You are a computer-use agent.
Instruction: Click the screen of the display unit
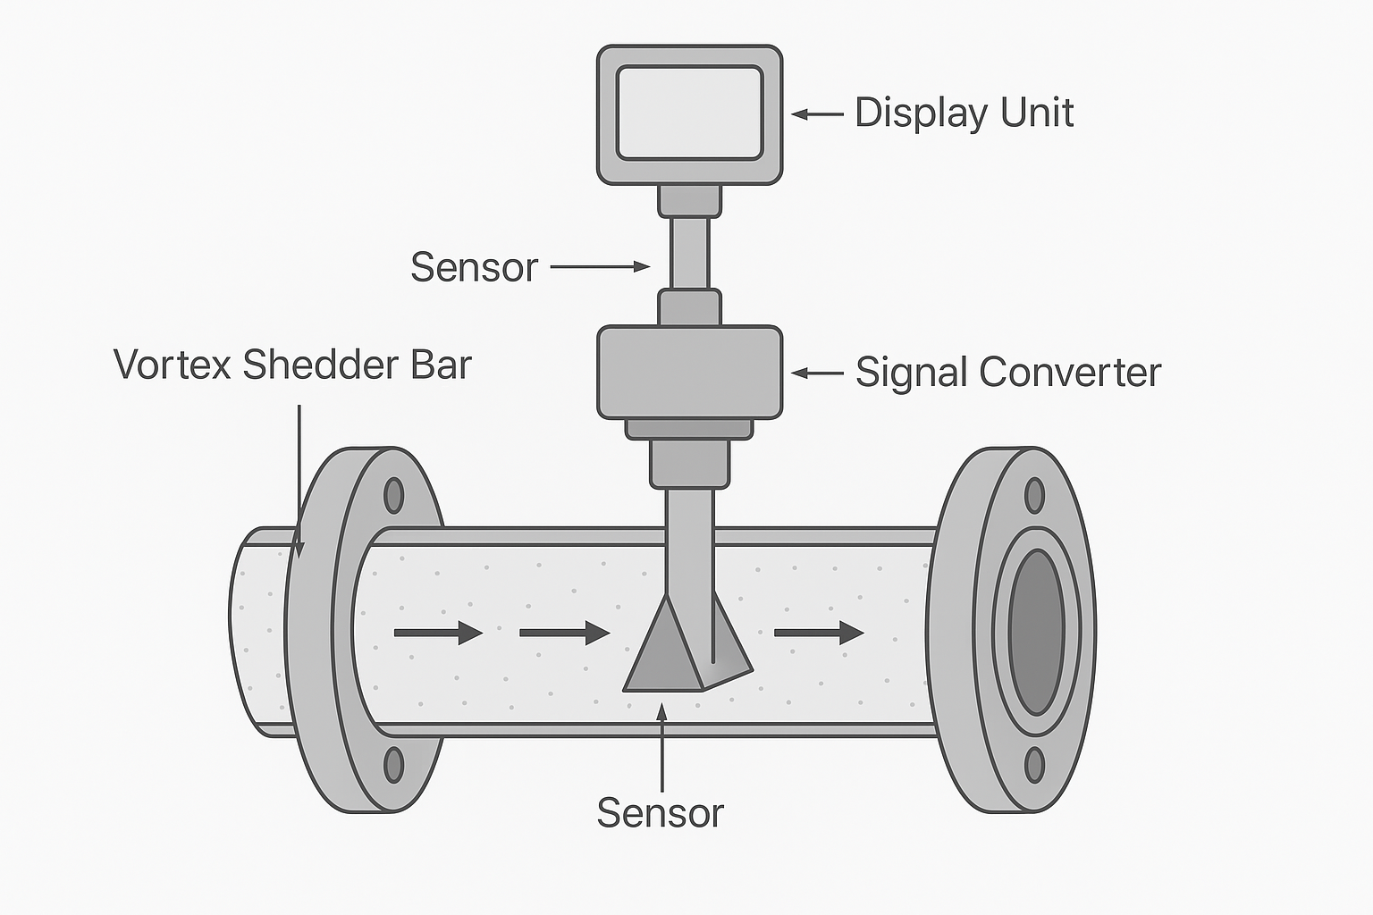(x=689, y=113)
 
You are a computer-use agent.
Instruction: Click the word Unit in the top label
(x=1037, y=113)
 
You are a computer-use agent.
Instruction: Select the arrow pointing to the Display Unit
(x=817, y=114)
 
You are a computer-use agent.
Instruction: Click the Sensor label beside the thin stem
(x=474, y=267)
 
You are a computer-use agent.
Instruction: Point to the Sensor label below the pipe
(x=660, y=813)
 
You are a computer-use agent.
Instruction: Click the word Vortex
(x=172, y=365)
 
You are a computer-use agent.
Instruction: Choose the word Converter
(x=1070, y=372)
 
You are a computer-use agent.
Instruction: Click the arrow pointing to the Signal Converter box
(x=817, y=374)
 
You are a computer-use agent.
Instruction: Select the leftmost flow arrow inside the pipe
(x=438, y=634)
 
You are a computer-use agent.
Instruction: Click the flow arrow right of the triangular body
(x=819, y=634)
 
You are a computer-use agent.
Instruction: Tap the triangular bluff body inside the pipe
(x=666, y=652)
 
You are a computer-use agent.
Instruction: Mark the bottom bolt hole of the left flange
(x=393, y=765)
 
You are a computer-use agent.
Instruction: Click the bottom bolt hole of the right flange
(x=1034, y=765)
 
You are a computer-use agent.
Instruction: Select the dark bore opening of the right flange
(x=1037, y=631)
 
